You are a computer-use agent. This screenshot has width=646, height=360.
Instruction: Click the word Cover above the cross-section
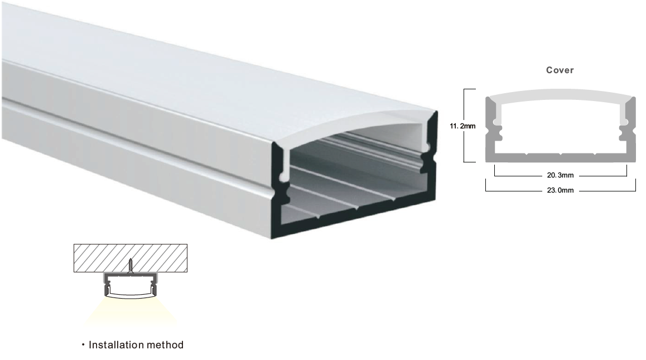click(560, 70)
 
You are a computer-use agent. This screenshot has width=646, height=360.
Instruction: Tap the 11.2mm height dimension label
click(462, 126)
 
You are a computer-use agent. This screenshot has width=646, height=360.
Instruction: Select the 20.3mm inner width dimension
click(560, 175)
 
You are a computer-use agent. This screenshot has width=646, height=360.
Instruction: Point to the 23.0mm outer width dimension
click(560, 190)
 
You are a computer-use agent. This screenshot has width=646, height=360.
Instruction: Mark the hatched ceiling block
click(131, 258)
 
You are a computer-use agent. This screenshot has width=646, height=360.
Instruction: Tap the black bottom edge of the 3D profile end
click(354, 219)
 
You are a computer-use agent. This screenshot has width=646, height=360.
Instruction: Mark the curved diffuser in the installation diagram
click(131, 295)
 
